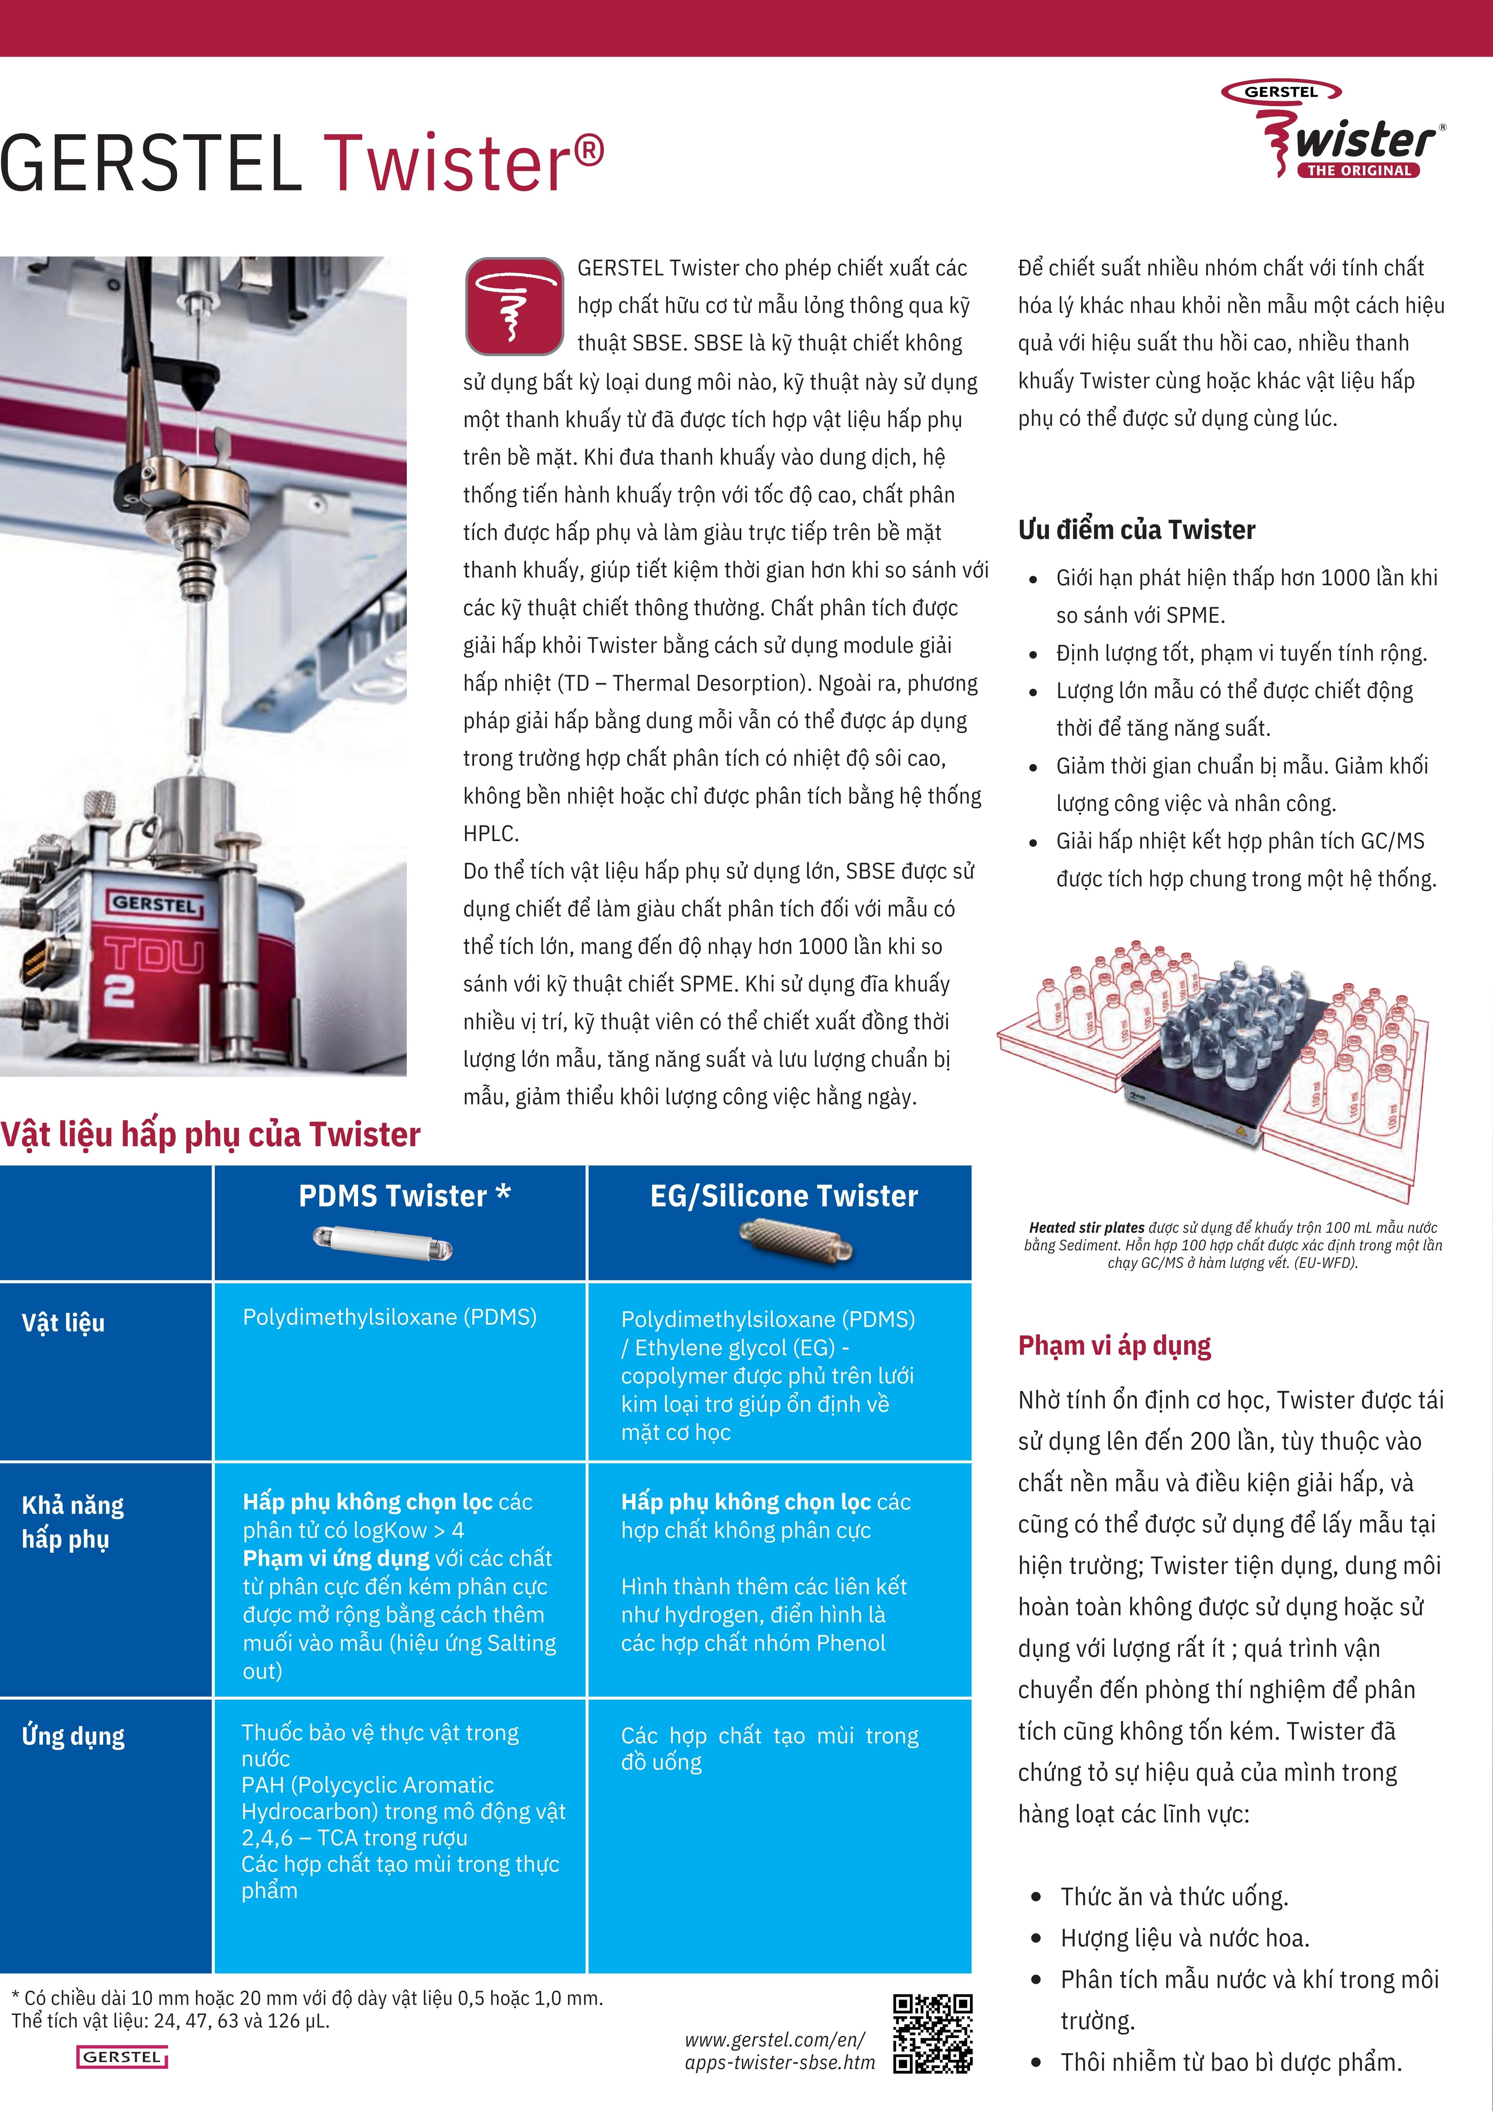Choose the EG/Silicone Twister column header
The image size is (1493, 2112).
[784, 1196]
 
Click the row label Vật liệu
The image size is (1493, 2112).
[64, 1323]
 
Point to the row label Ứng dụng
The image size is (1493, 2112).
[74, 1736]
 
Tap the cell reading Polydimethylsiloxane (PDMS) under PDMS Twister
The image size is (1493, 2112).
[389, 1317]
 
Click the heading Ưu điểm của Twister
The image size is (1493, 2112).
[1136, 530]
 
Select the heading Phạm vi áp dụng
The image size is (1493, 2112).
[1114, 1346]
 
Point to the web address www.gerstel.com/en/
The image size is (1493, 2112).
[775, 2039]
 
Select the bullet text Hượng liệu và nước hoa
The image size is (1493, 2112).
[1185, 1938]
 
